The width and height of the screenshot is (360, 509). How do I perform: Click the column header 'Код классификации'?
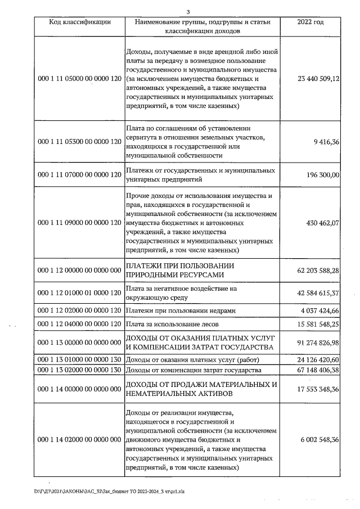[79, 22]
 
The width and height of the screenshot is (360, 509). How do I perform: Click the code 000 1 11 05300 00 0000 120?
[79, 143]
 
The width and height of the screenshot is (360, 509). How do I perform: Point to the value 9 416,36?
[326, 143]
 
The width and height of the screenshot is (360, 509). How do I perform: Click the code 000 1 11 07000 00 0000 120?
[79, 175]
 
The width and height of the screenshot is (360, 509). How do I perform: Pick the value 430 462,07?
[320, 223]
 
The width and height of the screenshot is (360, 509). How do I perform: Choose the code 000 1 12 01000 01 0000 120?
[79, 293]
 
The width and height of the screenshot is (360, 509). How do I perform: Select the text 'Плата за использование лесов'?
[175, 324]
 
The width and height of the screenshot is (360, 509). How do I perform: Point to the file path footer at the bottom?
[113, 490]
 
